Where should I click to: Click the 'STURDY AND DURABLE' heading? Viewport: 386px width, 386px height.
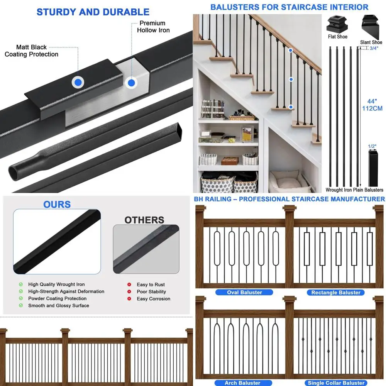click(93, 12)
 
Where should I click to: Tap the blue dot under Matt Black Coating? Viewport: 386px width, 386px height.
click(78, 82)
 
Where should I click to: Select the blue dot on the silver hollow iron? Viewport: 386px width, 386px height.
click(131, 82)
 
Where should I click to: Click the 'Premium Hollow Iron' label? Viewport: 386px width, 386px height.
click(153, 27)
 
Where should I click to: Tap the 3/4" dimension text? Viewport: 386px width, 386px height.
click(374, 48)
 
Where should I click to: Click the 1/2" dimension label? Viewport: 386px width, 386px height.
click(372, 146)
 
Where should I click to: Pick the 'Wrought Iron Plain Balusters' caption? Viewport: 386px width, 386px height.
click(354, 190)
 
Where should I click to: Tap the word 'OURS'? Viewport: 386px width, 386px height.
click(57, 204)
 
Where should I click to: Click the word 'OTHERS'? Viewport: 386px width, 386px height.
click(144, 220)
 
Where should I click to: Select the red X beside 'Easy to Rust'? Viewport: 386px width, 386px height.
click(129, 284)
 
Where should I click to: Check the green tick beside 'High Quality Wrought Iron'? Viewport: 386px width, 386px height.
click(21, 284)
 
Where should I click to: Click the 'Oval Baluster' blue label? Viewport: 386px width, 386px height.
click(244, 293)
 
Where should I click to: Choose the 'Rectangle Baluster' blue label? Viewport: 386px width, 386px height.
click(336, 293)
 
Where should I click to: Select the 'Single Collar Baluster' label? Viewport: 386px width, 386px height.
click(336, 383)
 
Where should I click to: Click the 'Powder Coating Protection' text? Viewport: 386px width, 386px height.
click(57, 298)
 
